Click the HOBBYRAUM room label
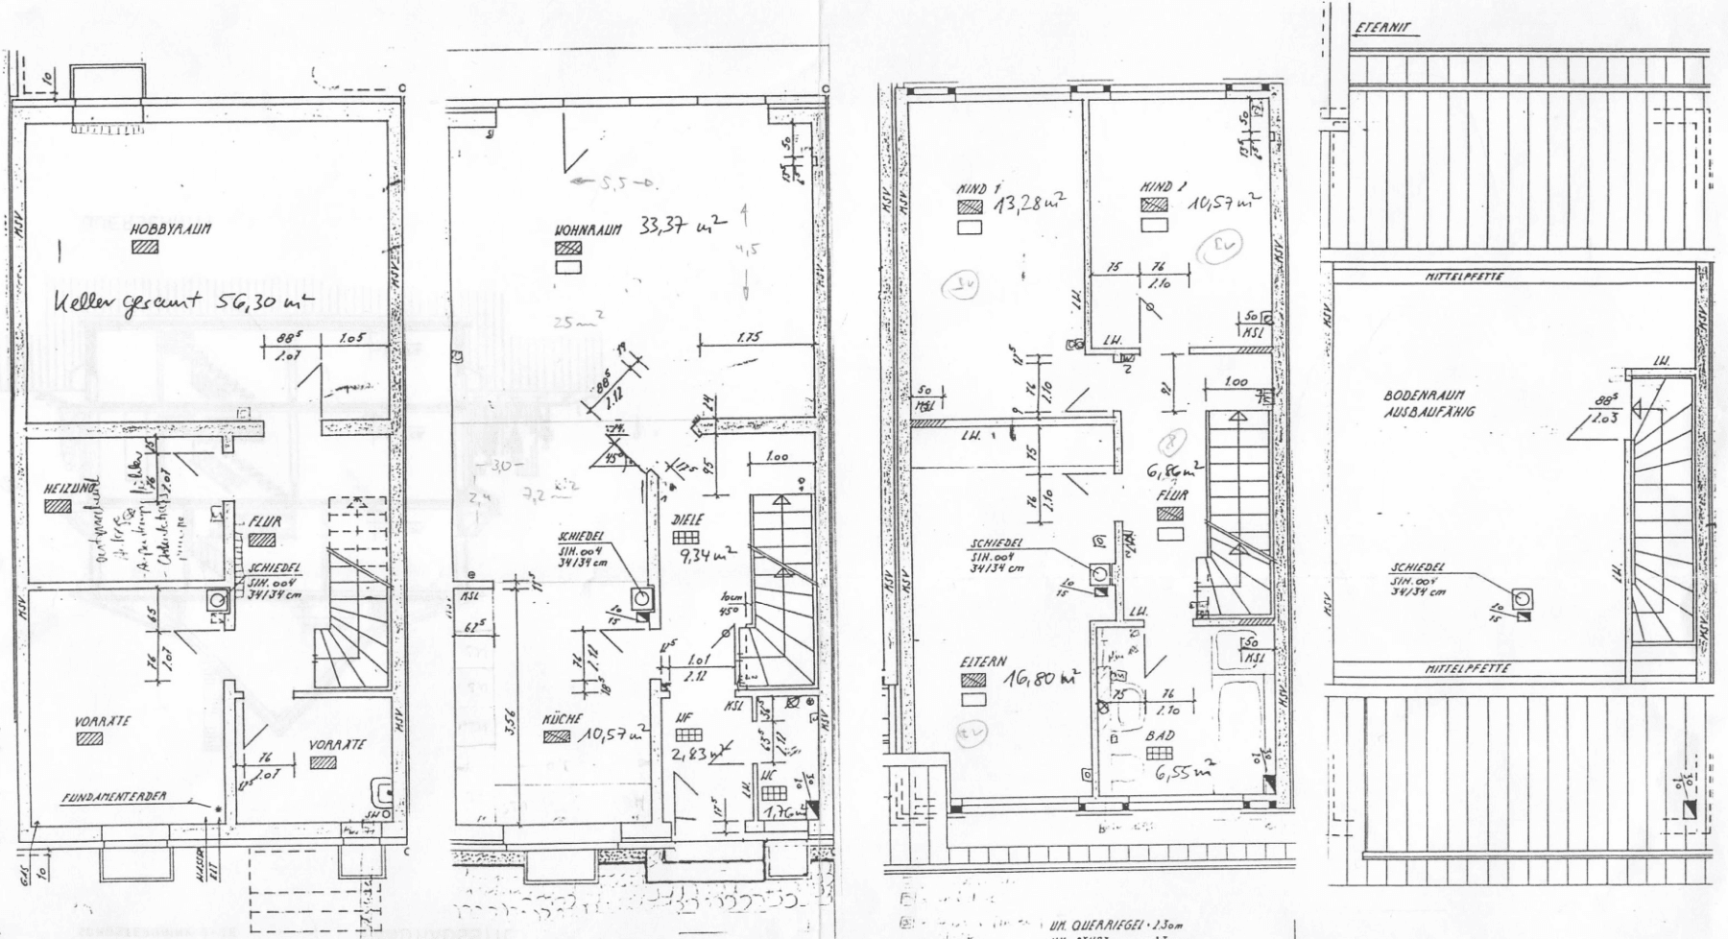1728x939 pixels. click(170, 229)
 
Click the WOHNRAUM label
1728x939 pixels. click(588, 230)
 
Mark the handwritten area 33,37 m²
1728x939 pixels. click(682, 228)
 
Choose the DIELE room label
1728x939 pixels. click(688, 519)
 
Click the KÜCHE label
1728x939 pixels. click(561, 719)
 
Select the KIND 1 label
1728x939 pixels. click(978, 189)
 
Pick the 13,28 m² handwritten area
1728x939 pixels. click(1028, 205)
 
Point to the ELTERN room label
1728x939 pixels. click(983, 662)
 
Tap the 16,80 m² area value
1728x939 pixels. click(1041, 678)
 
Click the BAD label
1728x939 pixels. click(1160, 735)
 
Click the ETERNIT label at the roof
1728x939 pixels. click(1382, 28)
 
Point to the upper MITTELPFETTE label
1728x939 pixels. click(1464, 277)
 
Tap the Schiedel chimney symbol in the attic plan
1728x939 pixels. click(1522, 598)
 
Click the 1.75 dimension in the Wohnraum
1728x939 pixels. click(750, 338)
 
